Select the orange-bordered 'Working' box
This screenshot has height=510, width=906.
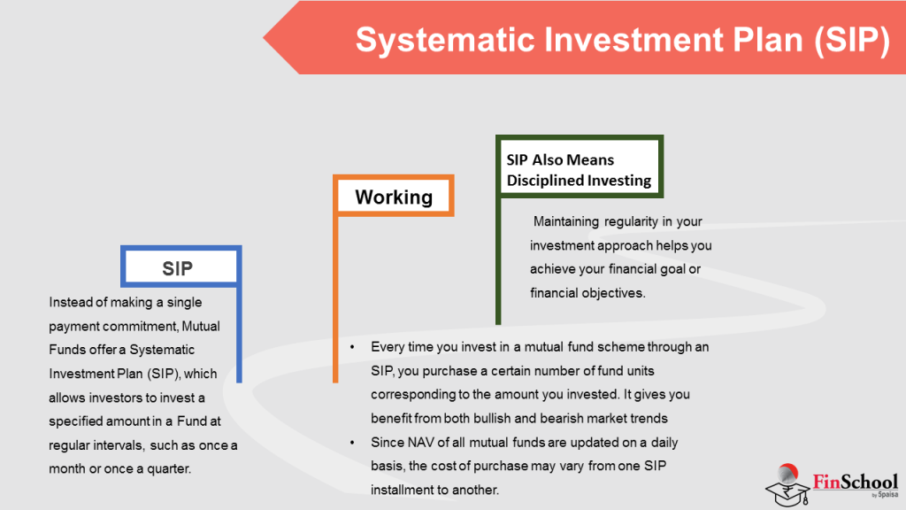pyautogui.click(x=394, y=197)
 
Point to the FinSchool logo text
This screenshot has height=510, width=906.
pyautogui.click(x=855, y=482)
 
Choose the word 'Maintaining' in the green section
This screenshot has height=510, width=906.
pyautogui.click(x=565, y=221)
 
